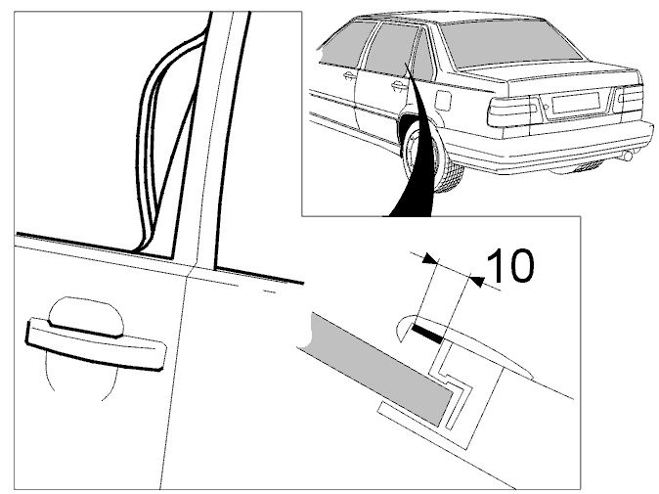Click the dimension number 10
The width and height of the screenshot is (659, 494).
click(x=511, y=266)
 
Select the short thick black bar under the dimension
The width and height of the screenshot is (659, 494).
click(x=428, y=333)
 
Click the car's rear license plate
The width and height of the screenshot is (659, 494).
click(x=576, y=103)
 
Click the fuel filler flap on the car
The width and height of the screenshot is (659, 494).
click(x=444, y=101)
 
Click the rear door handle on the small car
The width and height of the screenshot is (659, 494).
click(x=397, y=86)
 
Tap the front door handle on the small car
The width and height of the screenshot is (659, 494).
click(x=348, y=75)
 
